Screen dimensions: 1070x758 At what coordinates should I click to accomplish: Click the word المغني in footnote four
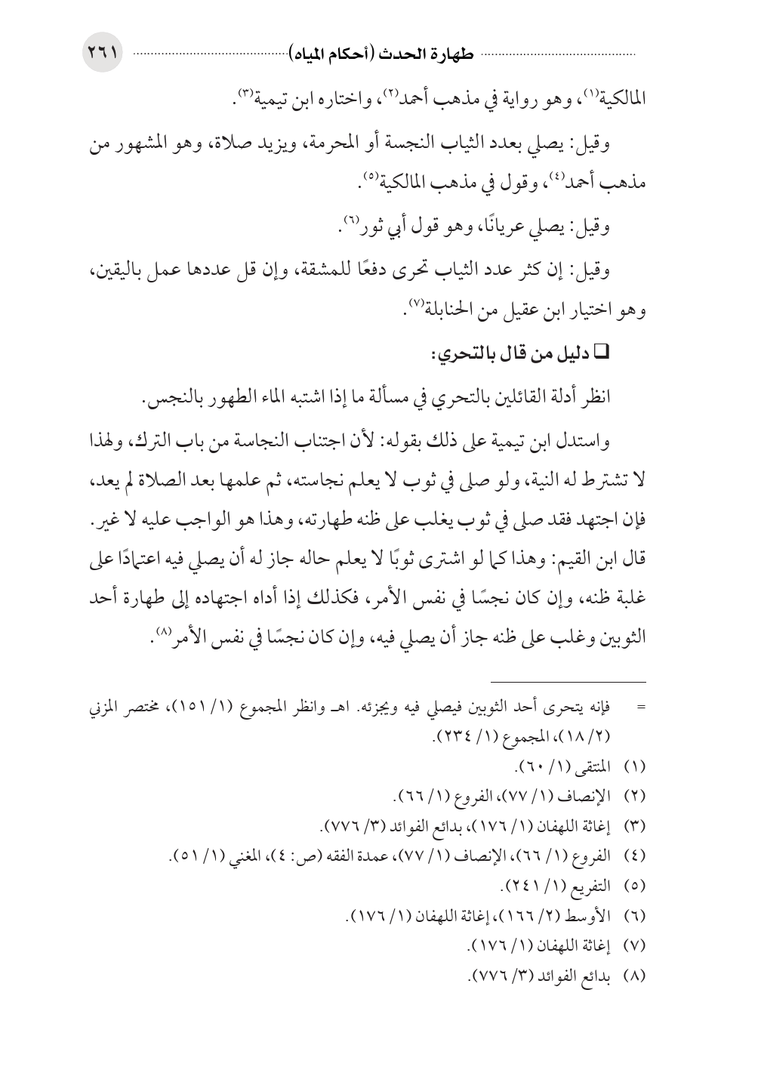click(x=228, y=856)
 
